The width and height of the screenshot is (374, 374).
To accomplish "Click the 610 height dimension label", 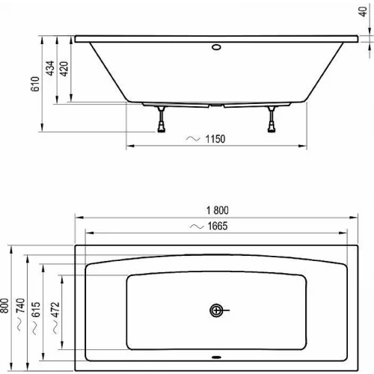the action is [35, 84].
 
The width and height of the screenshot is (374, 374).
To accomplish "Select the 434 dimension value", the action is [50, 68].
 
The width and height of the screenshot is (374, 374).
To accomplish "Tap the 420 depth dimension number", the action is [64, 69].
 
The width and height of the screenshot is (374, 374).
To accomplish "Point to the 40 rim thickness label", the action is [363, 11].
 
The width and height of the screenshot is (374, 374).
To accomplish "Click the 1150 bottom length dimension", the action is [215, 139].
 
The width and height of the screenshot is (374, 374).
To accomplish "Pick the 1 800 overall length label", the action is [218, 210].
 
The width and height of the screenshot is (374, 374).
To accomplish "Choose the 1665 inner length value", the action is [218, 226].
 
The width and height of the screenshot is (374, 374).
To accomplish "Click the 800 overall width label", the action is [4, 305].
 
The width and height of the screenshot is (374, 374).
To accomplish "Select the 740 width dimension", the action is [20, 305].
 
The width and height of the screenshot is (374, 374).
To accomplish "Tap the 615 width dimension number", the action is [36, 310].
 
